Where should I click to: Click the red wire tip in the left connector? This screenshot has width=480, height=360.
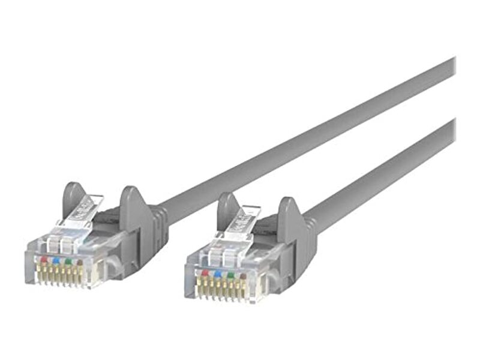click(x=43, y=259)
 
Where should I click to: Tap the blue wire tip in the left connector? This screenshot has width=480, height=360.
click(x=55, y=260)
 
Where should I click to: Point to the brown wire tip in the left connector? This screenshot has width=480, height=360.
click(x=80, y=262)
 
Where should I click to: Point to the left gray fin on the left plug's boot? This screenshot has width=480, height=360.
click(x=73, y=198)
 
